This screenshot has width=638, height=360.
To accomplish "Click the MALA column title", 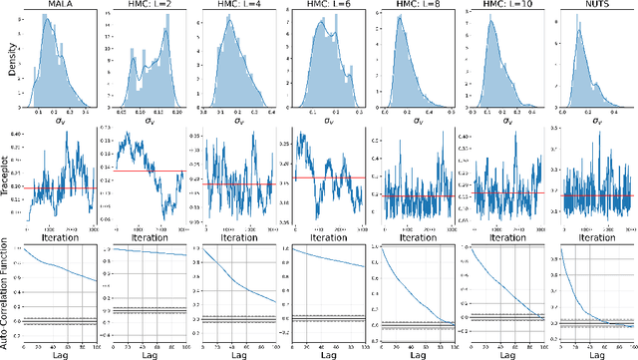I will click(x=60, y=6).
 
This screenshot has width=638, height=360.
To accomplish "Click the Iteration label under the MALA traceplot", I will click(x=60, y=237).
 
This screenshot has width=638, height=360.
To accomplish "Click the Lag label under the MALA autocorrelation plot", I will click(x=60, y=353).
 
